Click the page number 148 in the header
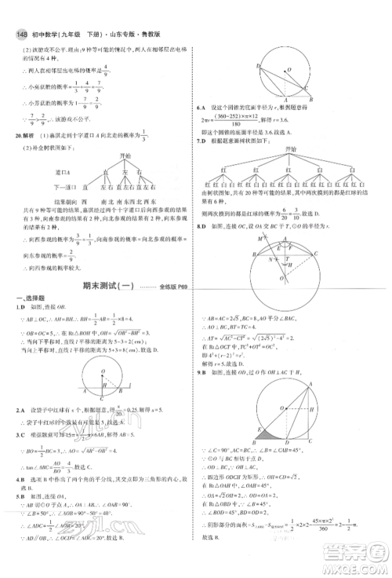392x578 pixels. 16,11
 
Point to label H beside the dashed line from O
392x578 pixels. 287,265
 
